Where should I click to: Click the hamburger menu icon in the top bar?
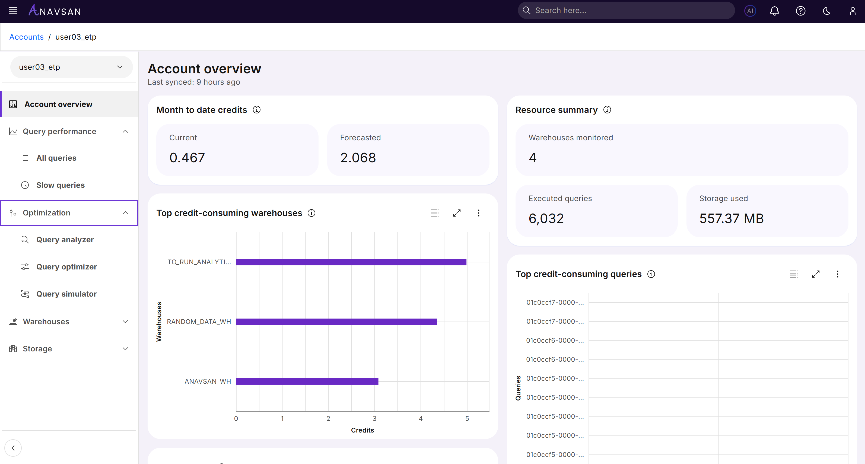[13, 11]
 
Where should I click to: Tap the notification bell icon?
[774, 11]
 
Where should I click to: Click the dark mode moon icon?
[826, 11]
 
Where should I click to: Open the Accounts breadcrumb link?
[27, 37]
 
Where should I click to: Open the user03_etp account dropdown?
[71, 67]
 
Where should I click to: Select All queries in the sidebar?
[56, 158]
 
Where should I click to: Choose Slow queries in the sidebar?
[61, 185]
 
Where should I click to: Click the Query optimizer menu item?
[66, 267]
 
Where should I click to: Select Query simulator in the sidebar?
[66, 294]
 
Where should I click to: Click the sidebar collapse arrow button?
[13, 448]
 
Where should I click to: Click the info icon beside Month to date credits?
[257, 110]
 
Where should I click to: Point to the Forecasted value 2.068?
[358, 158]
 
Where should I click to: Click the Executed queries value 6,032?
[546, 219]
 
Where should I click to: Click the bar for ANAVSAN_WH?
[307, 382]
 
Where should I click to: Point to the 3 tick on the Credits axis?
[374, 419]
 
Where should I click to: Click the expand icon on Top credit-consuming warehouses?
[457, 213]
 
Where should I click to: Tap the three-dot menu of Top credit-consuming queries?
[838, 274]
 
